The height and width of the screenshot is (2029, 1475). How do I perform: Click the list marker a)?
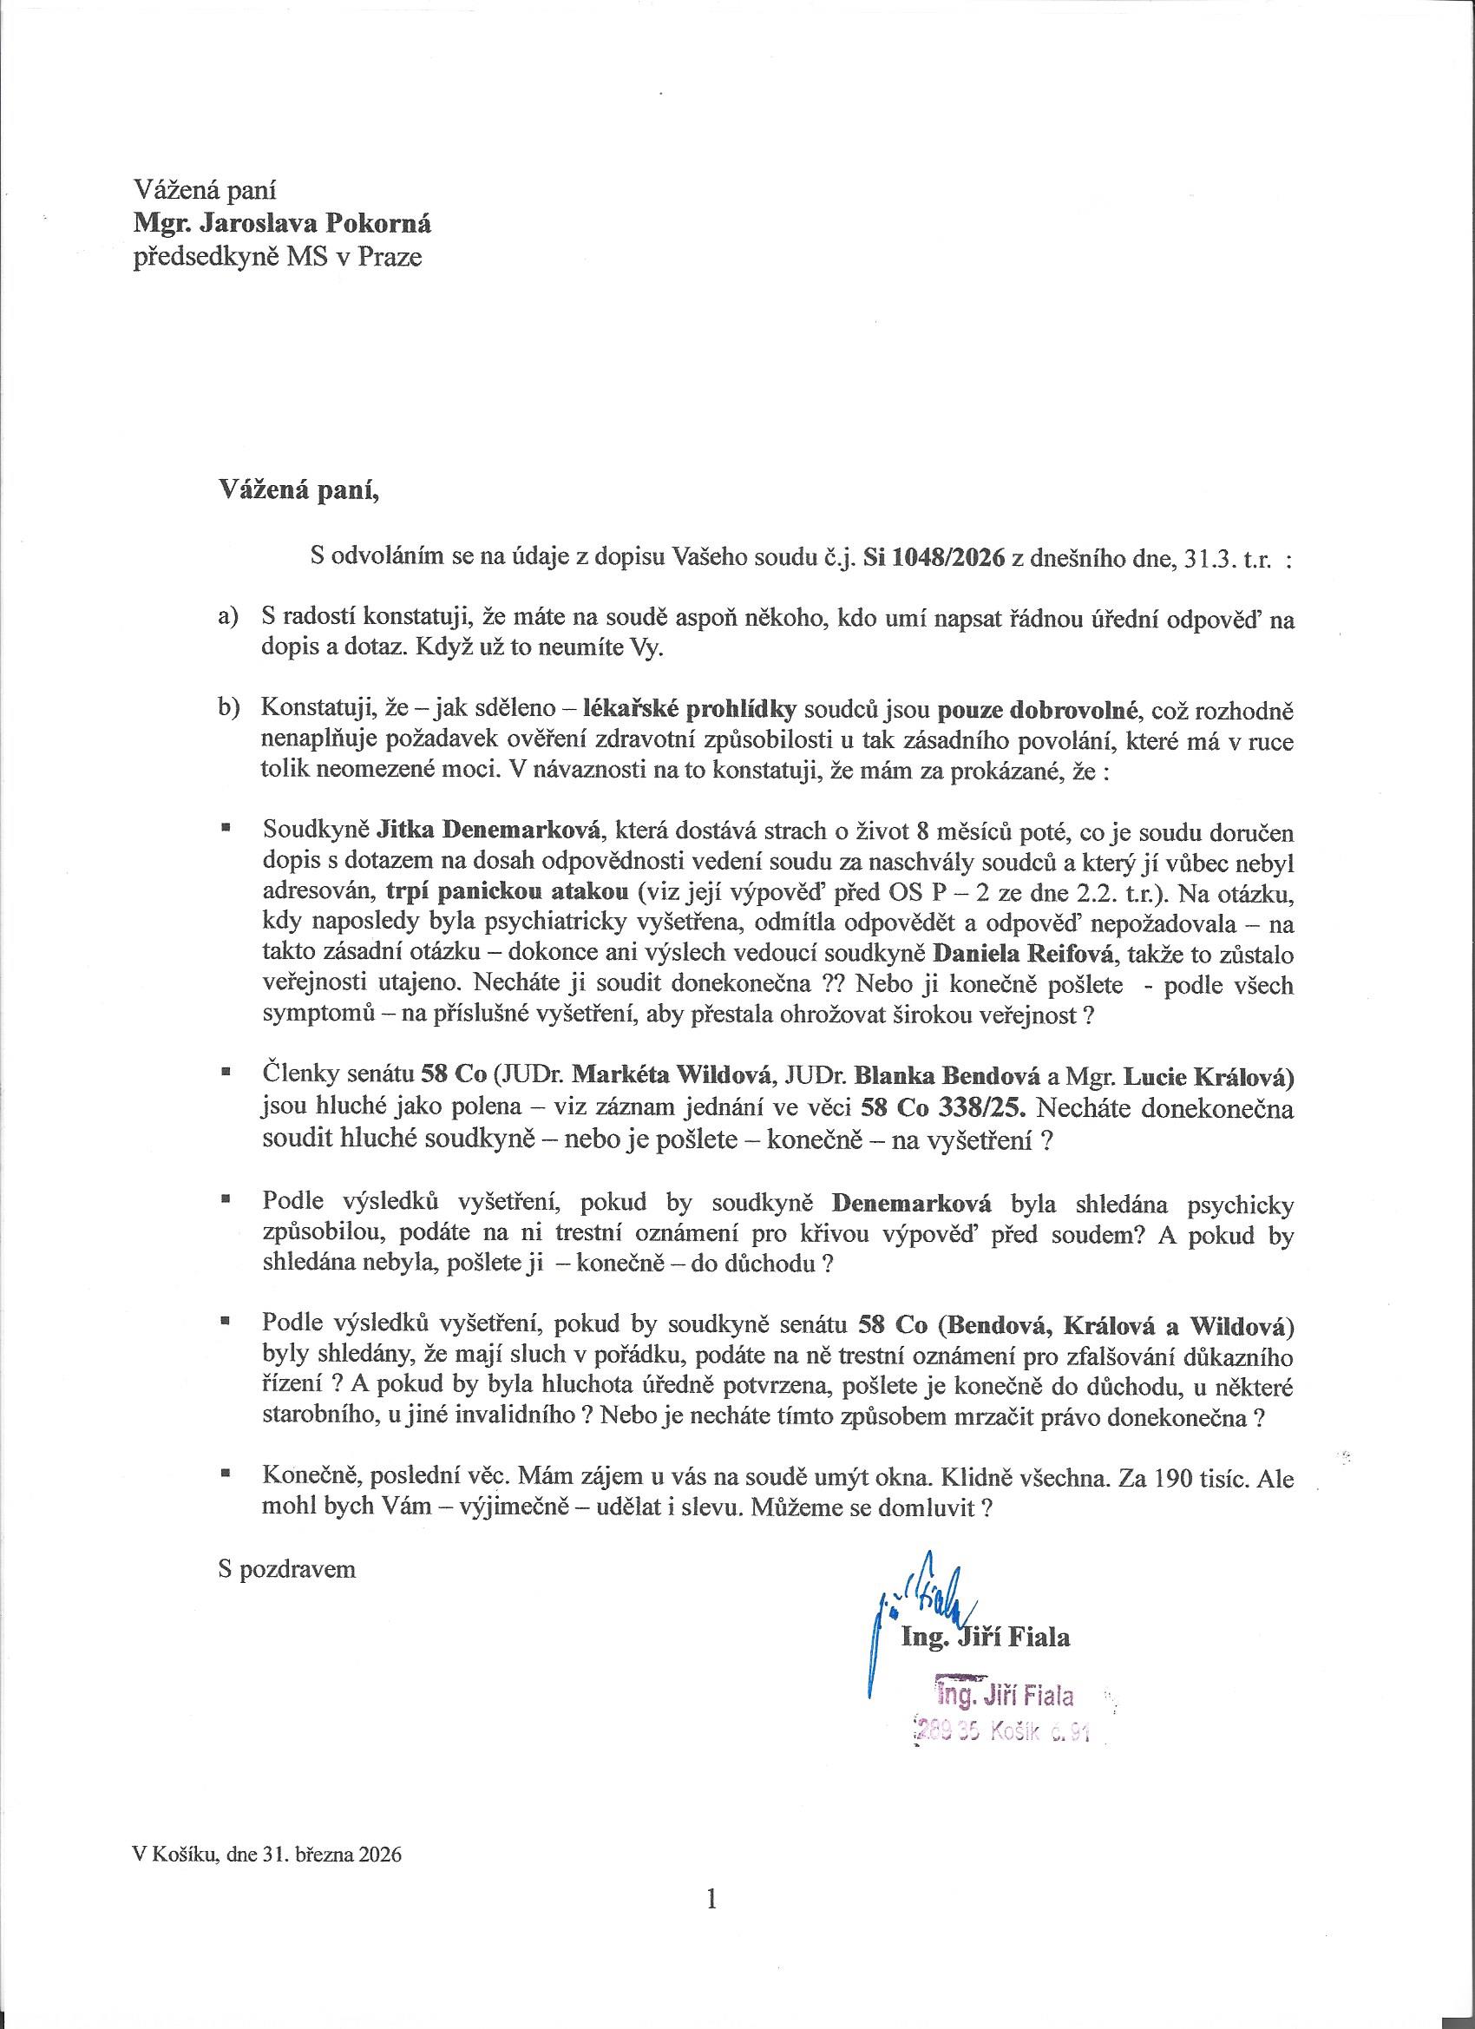pyautogui.click(x=230, y=617)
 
